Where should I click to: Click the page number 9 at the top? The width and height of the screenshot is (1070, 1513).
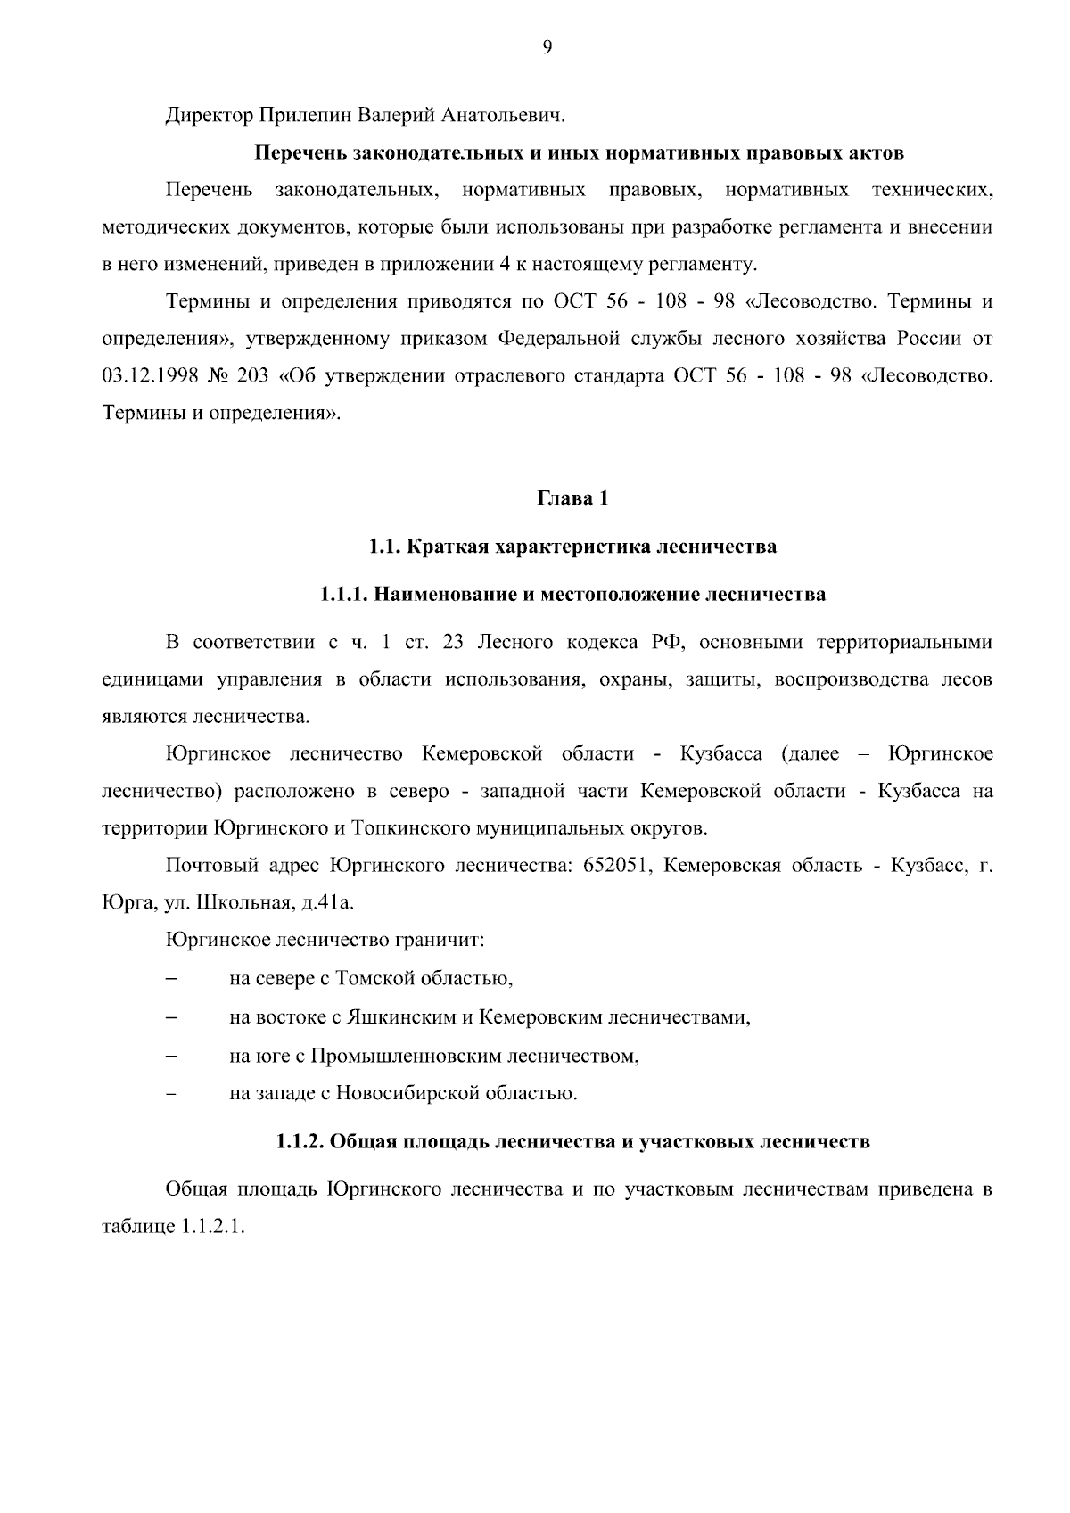click(x=547, y=47)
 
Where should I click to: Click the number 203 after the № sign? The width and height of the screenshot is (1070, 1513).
click(x=252, y=376)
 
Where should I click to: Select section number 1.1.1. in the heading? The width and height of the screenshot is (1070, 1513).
click(x=344, y=594)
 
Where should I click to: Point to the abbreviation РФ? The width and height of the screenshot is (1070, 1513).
click(x=664, y=643)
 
